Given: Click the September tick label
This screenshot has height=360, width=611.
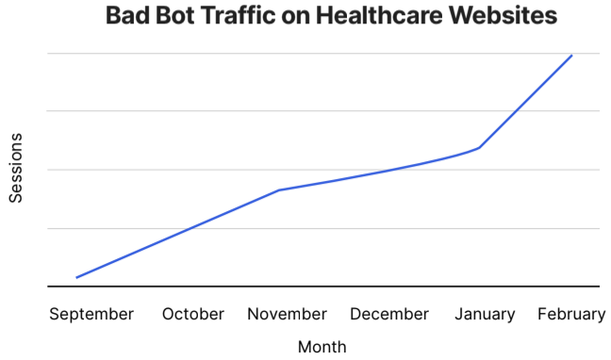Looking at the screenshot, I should click(91, 314).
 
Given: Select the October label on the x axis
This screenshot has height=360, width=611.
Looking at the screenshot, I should click(193, 314).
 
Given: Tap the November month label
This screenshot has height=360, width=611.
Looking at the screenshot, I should click(288, 314).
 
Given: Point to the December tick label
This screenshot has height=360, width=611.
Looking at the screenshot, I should click(389, 314).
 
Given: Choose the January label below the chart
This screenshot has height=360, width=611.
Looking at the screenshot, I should click(485, 314).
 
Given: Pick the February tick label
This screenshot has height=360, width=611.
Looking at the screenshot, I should click(571, 314).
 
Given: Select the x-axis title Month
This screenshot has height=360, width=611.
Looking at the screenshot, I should click(322, 346).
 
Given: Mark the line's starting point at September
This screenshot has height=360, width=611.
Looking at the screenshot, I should click(76, 277).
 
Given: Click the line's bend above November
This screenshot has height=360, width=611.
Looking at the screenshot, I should click(279, 190).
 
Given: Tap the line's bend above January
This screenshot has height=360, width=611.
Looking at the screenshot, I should click(480, 148).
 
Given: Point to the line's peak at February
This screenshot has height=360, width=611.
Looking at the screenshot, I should click(571, 56).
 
